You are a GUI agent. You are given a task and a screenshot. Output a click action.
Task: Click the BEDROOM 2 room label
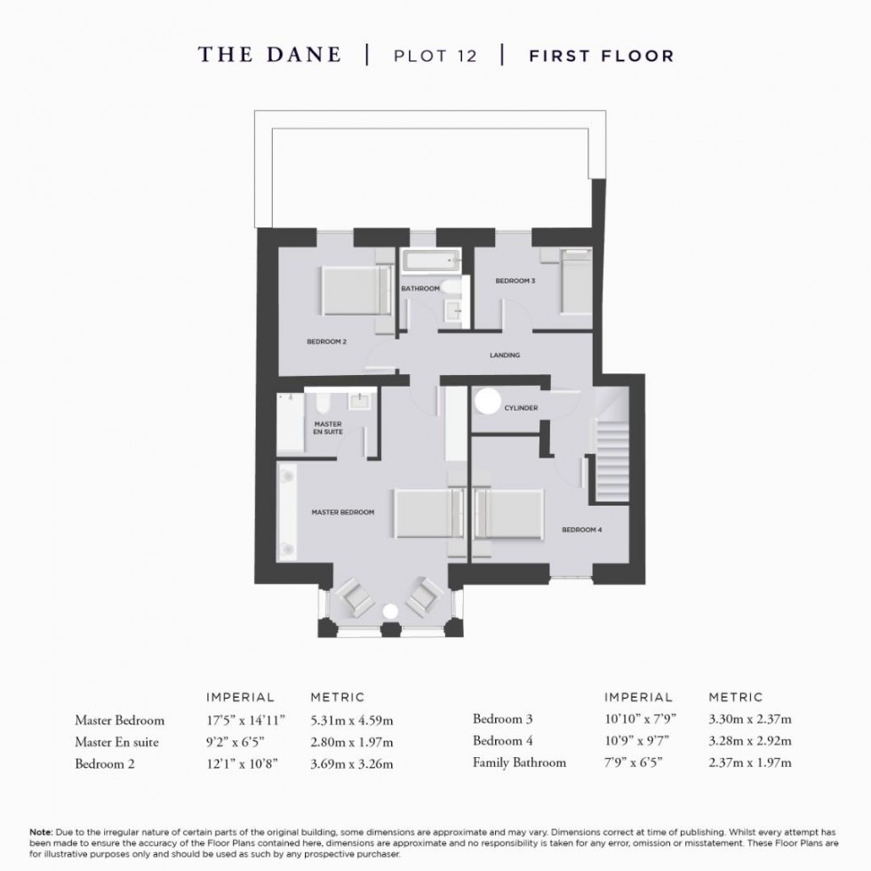[326, 341]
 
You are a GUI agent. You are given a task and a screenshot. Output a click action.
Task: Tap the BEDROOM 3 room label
[515, 281]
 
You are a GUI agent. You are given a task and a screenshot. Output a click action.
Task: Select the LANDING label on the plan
[505, 356]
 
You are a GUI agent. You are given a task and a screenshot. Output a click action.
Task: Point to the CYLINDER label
[520, 408]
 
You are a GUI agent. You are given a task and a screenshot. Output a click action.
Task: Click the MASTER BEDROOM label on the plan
[342, 513]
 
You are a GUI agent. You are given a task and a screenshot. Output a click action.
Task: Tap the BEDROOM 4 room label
[582, 530]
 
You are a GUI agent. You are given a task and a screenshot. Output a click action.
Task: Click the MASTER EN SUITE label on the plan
[329, 428]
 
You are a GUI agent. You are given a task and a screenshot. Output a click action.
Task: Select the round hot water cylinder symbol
[487, 403]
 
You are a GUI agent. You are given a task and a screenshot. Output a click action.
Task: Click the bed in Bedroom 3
[575, 283]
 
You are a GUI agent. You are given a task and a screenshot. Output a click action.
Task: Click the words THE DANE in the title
[269, 55]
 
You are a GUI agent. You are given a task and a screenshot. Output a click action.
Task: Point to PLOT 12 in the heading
[435, 56]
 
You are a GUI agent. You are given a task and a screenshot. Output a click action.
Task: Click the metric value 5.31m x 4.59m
[351, 719]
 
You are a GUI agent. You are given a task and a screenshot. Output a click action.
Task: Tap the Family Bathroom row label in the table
[519, 762]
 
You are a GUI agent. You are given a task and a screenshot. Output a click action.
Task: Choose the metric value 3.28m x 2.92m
[749, 740]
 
